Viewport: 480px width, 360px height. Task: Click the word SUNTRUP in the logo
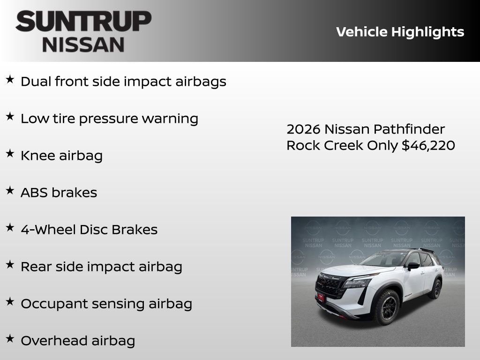pos(83,22)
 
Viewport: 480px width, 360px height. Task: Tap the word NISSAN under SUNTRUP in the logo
pos(83,44)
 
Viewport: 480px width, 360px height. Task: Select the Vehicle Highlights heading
pos(400,32)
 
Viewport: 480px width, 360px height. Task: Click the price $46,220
pos(428,145)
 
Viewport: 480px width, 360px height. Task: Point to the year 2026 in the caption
pos(303,129)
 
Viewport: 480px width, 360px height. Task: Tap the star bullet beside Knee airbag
pos(10,153)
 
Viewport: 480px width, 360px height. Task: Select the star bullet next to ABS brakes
pos(10,190)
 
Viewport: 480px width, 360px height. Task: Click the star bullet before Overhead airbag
pos(10,338)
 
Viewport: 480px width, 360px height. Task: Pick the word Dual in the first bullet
pos(36,82)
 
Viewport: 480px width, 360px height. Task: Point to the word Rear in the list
pos(36,267)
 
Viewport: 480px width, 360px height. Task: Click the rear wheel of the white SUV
pos(435,288)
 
